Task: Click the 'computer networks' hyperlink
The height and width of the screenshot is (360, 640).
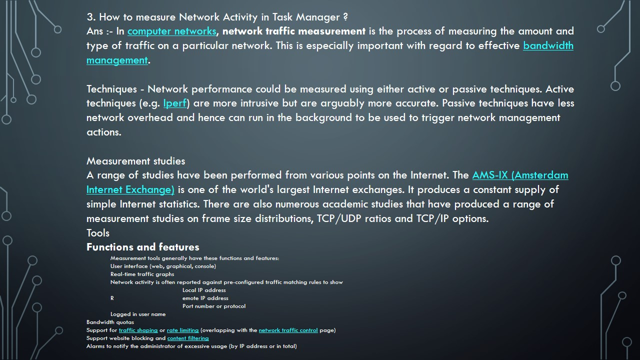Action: tap(171, 31)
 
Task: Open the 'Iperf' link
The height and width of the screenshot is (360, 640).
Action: tap(174, 103)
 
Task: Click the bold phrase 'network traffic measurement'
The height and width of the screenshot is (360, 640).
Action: tap(294, 31)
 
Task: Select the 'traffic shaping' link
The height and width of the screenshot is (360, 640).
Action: tap(138, 330)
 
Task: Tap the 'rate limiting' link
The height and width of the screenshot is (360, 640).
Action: tap(182, 330)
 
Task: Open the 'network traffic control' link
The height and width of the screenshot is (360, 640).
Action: tap(288, 330)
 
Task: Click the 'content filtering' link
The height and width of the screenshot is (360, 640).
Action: tap(188, 338)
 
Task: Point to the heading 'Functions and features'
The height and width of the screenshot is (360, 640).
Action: tap(142, 247)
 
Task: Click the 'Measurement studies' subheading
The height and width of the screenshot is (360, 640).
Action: tap(135, 161)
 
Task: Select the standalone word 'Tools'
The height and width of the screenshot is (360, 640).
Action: tap(97, 233)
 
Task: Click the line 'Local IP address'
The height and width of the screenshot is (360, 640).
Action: tap(204, 290)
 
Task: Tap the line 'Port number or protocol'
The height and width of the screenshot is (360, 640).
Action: tap(214, 306)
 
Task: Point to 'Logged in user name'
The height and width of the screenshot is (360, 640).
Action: tap(138, 314)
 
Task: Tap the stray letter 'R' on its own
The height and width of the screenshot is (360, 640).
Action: tap(112, 298)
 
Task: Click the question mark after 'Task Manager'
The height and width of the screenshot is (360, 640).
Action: tap(345, 17)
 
